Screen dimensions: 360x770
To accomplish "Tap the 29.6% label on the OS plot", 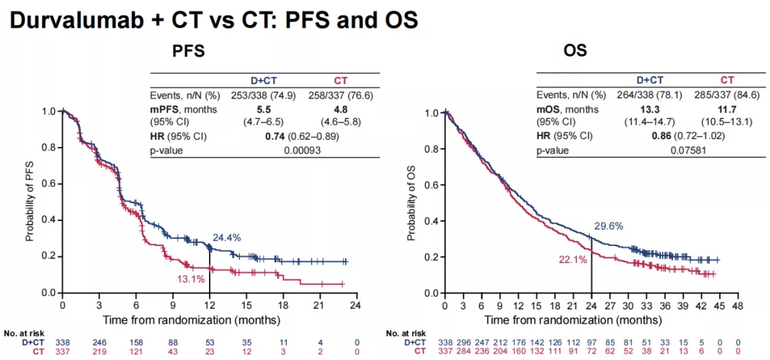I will point(609,226).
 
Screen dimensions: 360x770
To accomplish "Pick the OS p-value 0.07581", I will point(669,150).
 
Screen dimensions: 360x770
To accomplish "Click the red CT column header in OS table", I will point(727,80).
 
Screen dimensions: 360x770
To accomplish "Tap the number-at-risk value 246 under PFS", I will point(99,342).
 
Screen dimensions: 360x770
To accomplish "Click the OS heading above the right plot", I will point(575,51).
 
